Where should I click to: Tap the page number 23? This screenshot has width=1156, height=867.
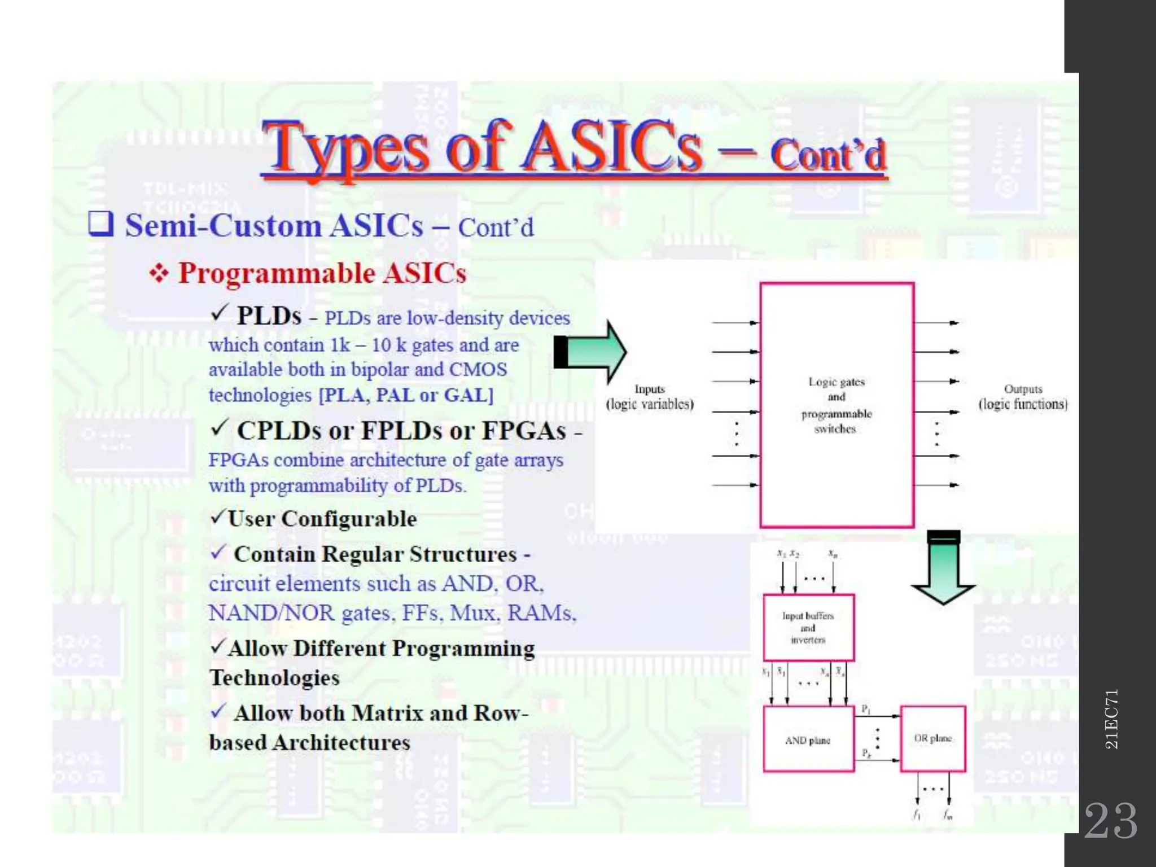tap(1111, 821)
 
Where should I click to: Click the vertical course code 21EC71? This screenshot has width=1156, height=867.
tap(1111, 719)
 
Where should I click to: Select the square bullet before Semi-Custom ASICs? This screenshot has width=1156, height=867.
tap(101, 224)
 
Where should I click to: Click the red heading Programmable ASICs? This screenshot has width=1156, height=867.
tap(322, 274)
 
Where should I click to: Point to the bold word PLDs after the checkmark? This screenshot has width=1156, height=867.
tap(269, 316)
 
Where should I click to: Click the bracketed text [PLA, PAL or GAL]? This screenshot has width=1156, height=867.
tap(406, 395)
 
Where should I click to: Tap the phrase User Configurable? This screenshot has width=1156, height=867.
tap(322, 519)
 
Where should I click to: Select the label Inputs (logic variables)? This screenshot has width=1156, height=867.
tap(650, 397)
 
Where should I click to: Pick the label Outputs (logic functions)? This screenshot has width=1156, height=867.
tap(1023, 397)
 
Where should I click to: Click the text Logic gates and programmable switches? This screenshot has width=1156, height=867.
tap(836, 405)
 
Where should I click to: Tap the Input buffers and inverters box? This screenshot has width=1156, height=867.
tap(808, 628)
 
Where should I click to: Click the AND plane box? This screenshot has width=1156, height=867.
tap(808, 740)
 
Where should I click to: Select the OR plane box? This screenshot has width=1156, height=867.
tap(932, 738)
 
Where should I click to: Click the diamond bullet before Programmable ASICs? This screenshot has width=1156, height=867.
tap(159, 274)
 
